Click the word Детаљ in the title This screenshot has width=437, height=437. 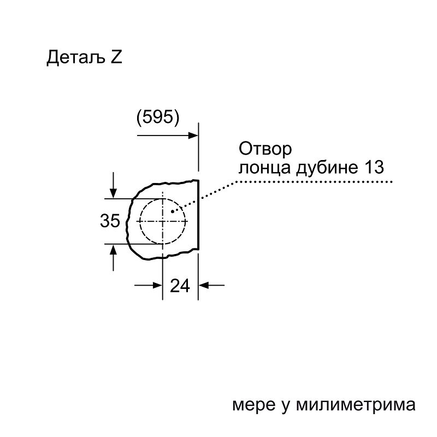point(76,58)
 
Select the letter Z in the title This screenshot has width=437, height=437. point(116,57)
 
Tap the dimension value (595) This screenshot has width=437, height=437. point(158,117)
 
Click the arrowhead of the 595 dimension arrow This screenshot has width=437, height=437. point(193,135)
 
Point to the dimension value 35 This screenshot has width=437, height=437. point(110,221)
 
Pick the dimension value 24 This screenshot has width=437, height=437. point(180,286)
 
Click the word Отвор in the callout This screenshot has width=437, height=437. point(265,149)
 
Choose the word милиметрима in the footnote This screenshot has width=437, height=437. point(356,404)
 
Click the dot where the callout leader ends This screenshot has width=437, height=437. point(173,211)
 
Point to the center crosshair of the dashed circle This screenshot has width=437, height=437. point(162,221)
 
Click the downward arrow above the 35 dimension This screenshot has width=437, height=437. point(113,186)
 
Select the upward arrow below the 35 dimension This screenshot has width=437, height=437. point(113,257)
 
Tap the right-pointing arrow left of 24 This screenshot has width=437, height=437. point(148,285)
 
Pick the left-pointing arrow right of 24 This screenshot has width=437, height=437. point(211,285)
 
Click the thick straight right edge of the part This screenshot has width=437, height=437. point(198,215)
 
